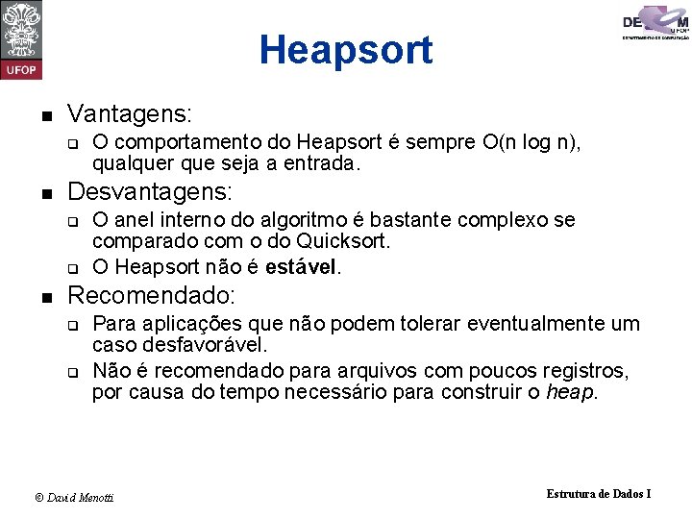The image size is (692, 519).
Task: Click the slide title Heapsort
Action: pyautogui.click(x=346, y=50)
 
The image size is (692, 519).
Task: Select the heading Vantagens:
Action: pyautogui.click(x=130, y=114)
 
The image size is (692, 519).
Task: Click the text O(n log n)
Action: pyautogui.click(x=535, y=143)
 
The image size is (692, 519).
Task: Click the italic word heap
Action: pyautogui.click(x=570, y=392)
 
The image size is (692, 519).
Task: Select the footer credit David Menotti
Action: pyautogui.click(x=75, y=497)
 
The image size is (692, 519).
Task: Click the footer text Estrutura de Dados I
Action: pyautogui.click(x=599, y=493)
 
